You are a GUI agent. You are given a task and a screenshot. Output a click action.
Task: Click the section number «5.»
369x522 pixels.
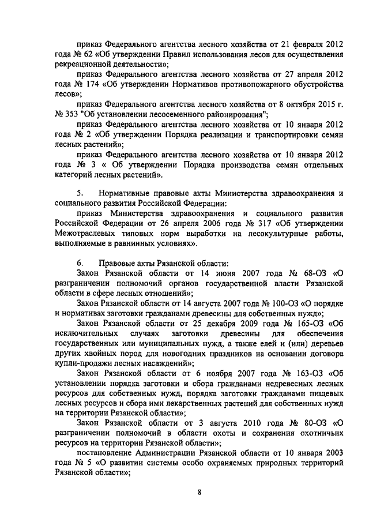81,193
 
